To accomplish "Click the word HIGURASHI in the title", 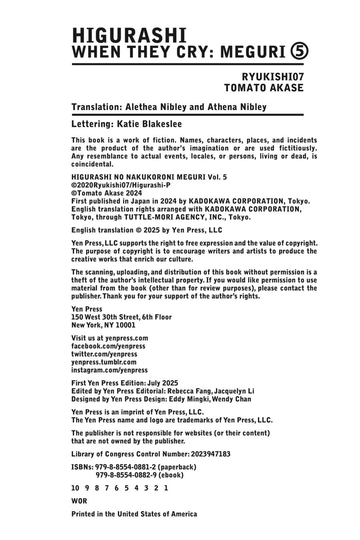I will point(129,36).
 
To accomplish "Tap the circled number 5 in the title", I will point(299,52).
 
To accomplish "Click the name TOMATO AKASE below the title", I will point(264,88).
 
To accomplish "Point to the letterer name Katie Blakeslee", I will point(149,124).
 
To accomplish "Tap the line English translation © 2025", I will point(146,230).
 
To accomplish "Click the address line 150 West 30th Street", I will point(122,317).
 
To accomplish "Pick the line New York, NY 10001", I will point(103,325).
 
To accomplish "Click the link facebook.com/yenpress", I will point(108,346).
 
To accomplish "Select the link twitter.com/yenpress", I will point(104,354).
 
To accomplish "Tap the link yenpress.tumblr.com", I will point(104,362).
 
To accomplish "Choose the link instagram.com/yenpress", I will point(109,370).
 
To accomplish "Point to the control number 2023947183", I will point(210,454).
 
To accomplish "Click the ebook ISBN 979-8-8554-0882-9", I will point(126,475).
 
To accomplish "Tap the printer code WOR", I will point(79,501).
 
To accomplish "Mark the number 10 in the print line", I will point(75,488).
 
